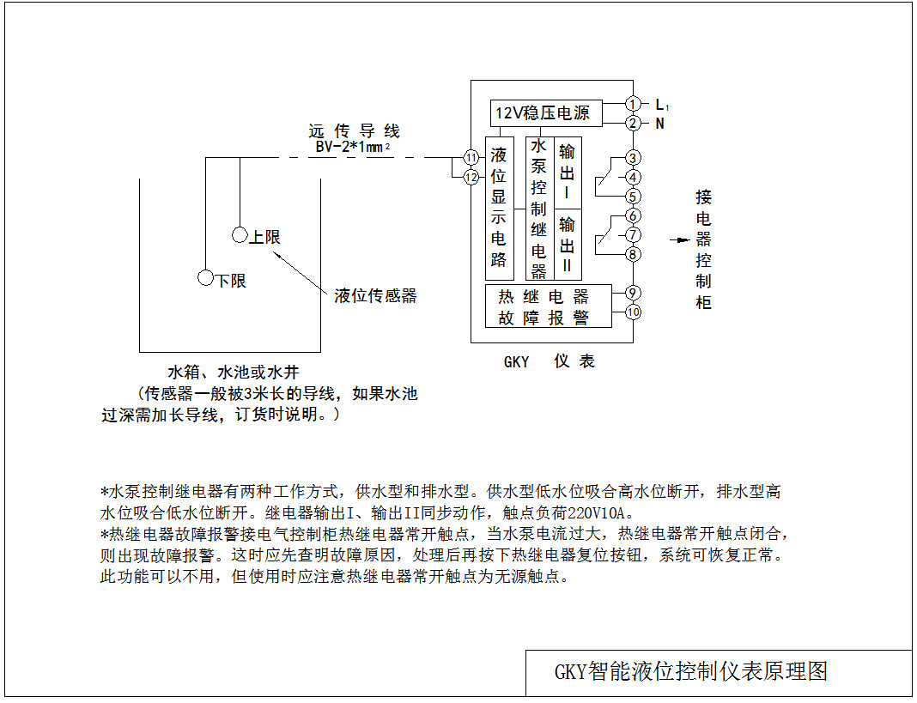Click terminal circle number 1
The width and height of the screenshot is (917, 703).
(632, 104)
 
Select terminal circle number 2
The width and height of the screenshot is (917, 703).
(632, 123)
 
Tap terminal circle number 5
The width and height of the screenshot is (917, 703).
(632, 196)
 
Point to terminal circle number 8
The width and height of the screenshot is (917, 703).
(632, 253)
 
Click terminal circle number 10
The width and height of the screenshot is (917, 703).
(632, 312)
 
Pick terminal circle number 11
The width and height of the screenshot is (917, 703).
(471, 158)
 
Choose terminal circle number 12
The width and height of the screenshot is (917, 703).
(471, 178)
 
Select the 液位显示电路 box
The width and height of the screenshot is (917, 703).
(499, 207)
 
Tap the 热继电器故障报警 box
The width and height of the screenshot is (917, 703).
(549, 306)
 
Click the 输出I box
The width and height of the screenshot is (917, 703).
(568, 172)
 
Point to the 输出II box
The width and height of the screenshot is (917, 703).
(568, 244)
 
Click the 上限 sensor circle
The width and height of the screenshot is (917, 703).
(240, 235)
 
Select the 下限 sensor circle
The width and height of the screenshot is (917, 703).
(205, 277)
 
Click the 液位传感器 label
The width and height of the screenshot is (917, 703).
(375, 296)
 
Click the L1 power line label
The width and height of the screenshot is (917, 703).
(661, 105)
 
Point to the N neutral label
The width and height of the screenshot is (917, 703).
(659, 124)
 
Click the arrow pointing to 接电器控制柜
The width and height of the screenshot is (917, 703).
(679, 240)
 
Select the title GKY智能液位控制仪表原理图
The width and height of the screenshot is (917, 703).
(690, 671)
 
